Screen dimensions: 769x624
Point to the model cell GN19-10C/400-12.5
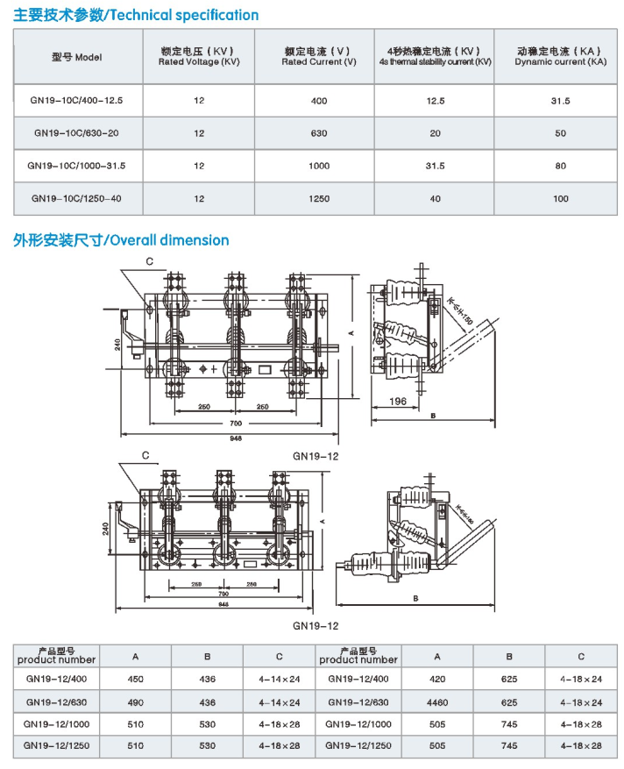tap(77, 101)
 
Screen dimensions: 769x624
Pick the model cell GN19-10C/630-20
tap(77, 133)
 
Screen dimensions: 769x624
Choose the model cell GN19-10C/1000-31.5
tap(77, 166)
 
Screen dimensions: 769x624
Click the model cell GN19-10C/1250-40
tap(77, 198)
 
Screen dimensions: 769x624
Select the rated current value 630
tap(319, 133)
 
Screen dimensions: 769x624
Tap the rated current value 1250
tap(319, 199)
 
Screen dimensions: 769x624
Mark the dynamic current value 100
tap(561, 199)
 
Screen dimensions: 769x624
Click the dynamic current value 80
tap(561, 167)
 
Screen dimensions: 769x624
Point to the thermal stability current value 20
tap(436, 133)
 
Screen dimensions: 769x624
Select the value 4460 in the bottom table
tap(437, 702)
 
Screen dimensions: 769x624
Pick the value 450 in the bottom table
tap(135, 680)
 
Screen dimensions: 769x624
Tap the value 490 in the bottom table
tap(135, 702)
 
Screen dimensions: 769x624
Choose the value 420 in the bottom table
tap(437, 680)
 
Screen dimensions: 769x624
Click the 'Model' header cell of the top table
tap(77, 57)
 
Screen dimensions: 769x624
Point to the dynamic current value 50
tap(561, 133)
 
